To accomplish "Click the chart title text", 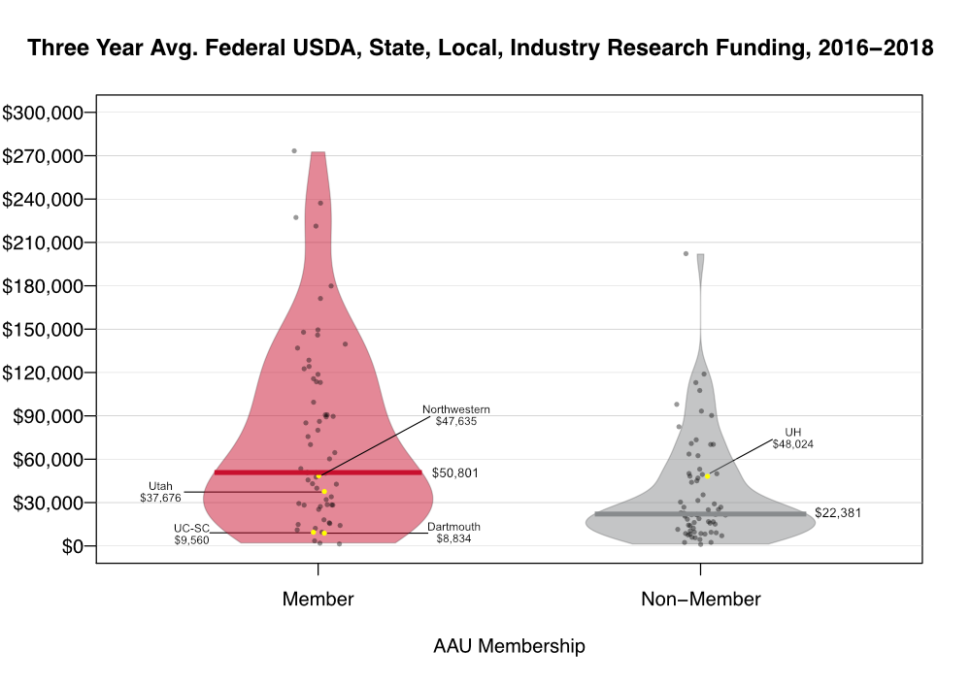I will [481, 48].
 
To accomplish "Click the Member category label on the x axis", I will [318, 600].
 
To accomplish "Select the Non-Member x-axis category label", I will [700, 600].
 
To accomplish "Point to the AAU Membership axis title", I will [509, 646].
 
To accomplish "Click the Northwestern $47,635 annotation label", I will [456, 415].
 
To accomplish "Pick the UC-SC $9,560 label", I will [191, 534].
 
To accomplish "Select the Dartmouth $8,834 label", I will [453, 533].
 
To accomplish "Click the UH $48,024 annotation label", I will [792, 439].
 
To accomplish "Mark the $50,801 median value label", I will [455, 473].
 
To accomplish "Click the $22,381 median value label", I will [838, 512].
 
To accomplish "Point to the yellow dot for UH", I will [708, 476].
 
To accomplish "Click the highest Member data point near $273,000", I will [294, 151].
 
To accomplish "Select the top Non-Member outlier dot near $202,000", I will [686, 254].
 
